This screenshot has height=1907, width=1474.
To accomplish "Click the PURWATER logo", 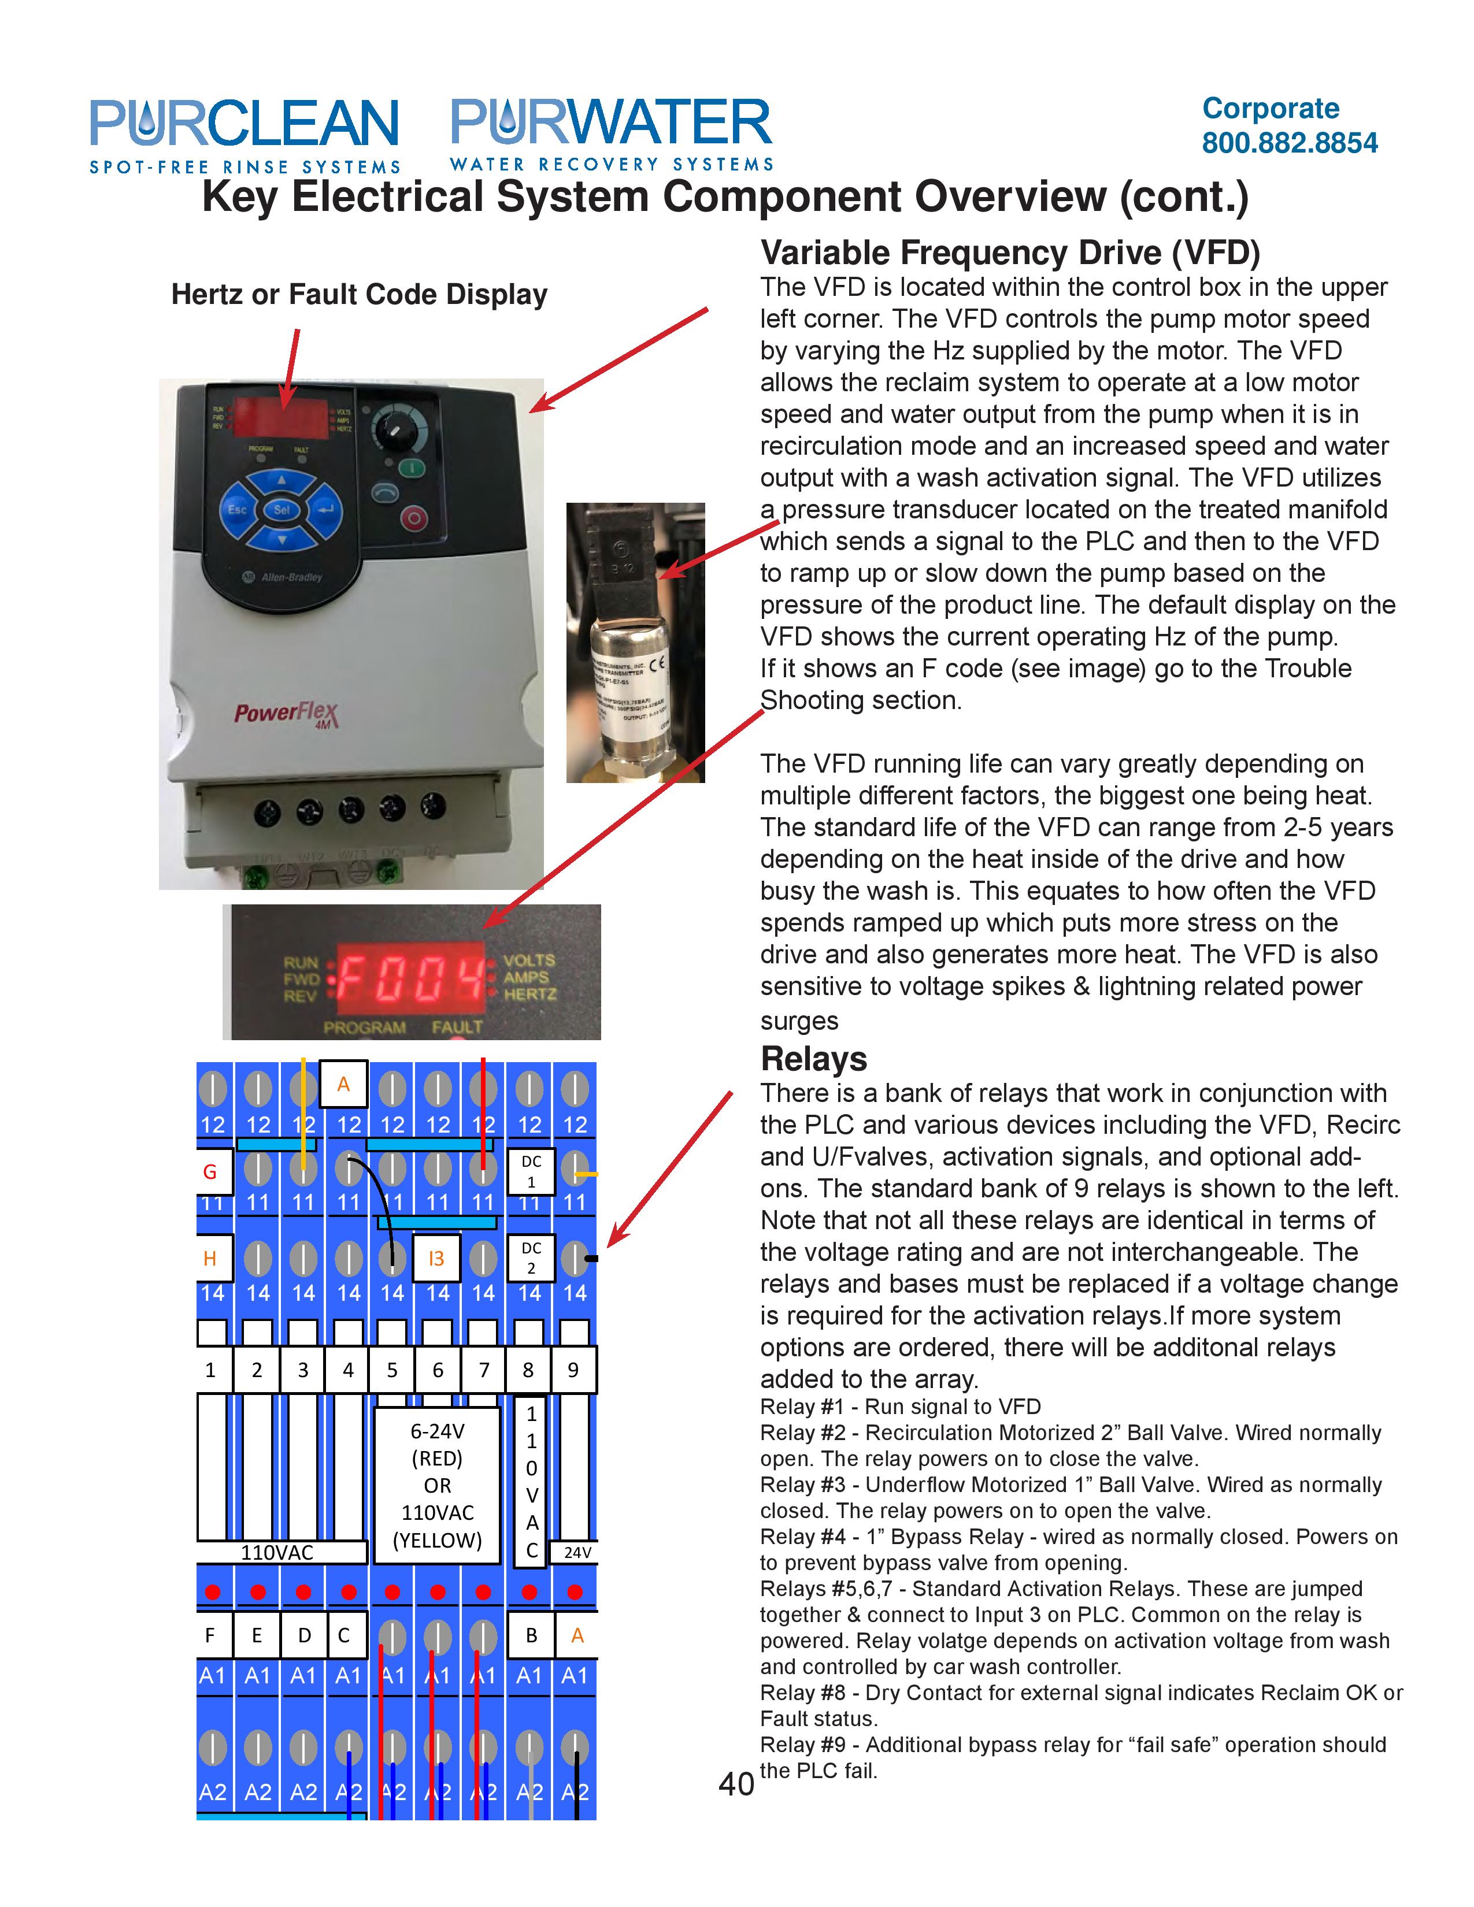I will click(611, 133).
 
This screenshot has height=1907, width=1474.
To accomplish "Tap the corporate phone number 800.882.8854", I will click(1289, 142).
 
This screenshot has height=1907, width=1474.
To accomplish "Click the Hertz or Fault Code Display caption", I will click(359, 294).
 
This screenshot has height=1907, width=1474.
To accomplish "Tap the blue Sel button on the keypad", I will click(281, 509).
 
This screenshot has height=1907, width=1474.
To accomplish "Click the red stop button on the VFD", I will click(414, 518).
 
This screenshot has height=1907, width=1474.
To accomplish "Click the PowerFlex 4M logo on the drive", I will click(286, 713).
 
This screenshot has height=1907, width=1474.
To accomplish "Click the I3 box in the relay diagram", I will click(436, 1258).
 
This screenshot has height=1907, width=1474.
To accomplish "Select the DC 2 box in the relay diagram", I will click(531, 1257).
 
